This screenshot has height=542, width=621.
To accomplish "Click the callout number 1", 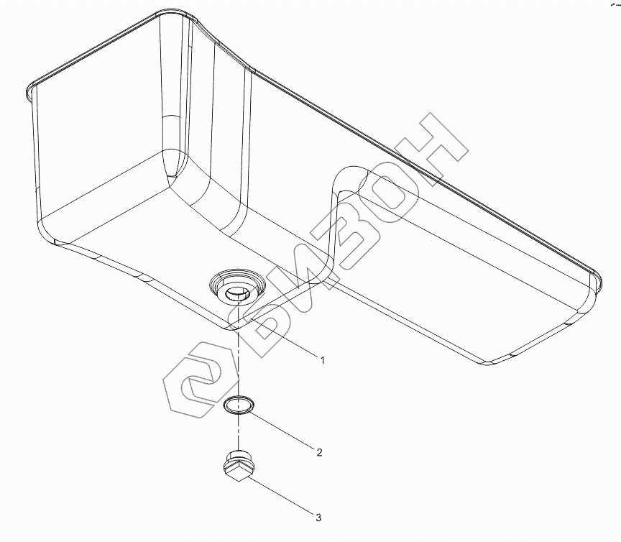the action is [322, 360].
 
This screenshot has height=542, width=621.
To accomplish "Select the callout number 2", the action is [318, 452].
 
